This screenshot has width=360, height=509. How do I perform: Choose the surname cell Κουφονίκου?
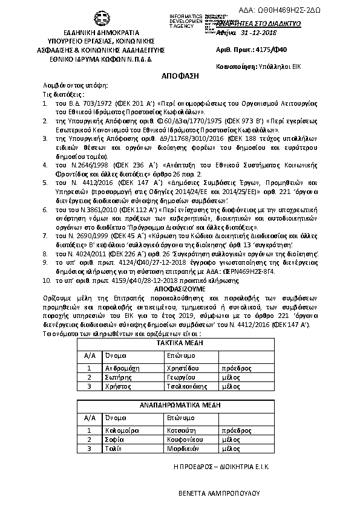[186, 439]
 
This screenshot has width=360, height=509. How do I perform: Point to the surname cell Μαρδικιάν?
[183, 449]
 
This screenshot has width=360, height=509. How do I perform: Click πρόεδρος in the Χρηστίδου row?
[237, 368]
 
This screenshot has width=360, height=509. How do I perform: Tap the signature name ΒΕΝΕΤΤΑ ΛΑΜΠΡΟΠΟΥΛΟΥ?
[219, 493]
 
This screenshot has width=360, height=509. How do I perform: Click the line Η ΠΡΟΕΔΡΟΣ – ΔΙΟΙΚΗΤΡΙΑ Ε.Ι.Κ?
[221, 467]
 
